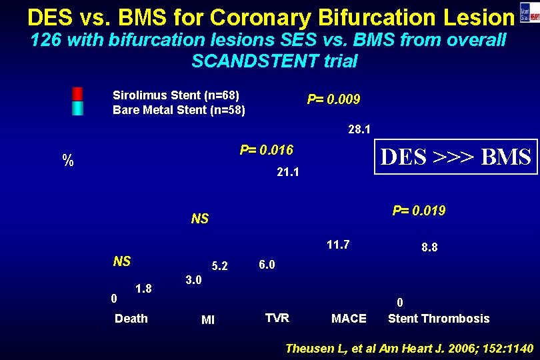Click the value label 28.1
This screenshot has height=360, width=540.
(x=359, y=129)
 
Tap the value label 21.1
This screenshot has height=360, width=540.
(x=288, y=173)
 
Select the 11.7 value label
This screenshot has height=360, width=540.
(x=339, y=245)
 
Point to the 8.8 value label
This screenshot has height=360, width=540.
(x=429, y=247)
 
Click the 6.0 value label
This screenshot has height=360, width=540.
(x=267, y=264)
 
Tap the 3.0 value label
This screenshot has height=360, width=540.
(x=193, y=279)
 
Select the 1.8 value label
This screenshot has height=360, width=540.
(x=144, y=289)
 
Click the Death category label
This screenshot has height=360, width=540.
(x=131, y=318)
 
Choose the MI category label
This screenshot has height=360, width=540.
(x=208, y=321)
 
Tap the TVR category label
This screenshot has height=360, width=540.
(x=277, y=318)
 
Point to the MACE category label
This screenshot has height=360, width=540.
(x=349, y=319)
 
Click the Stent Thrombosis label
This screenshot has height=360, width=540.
(x=439, y=319)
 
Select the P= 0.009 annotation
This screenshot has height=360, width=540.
(x=333, y=99)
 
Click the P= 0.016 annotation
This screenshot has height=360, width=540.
(x=267, y=149)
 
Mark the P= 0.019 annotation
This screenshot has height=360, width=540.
(x=419, y=211)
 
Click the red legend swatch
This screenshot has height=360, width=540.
(x=78, y=93)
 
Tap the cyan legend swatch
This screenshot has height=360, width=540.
(x=78, y=108)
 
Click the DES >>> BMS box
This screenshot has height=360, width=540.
(x=455, y=157)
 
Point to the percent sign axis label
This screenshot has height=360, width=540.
(x=67, y=160)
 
